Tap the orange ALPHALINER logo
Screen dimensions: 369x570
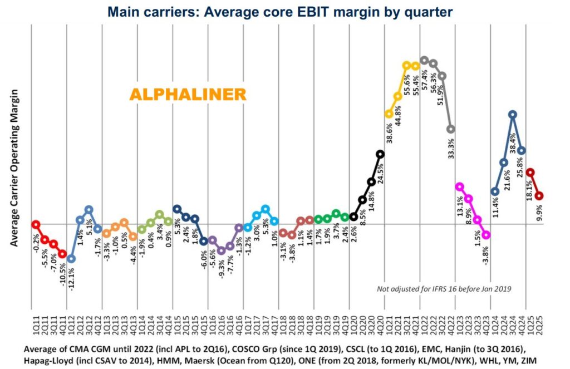pos(188,95)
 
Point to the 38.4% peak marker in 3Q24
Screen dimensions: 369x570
pos(512,115)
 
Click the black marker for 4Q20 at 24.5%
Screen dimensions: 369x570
pos(380,154)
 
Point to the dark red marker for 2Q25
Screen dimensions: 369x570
pos(539,196)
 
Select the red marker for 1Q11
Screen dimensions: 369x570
pos(36,224)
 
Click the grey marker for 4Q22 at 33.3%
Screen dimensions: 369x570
pos(451,129)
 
